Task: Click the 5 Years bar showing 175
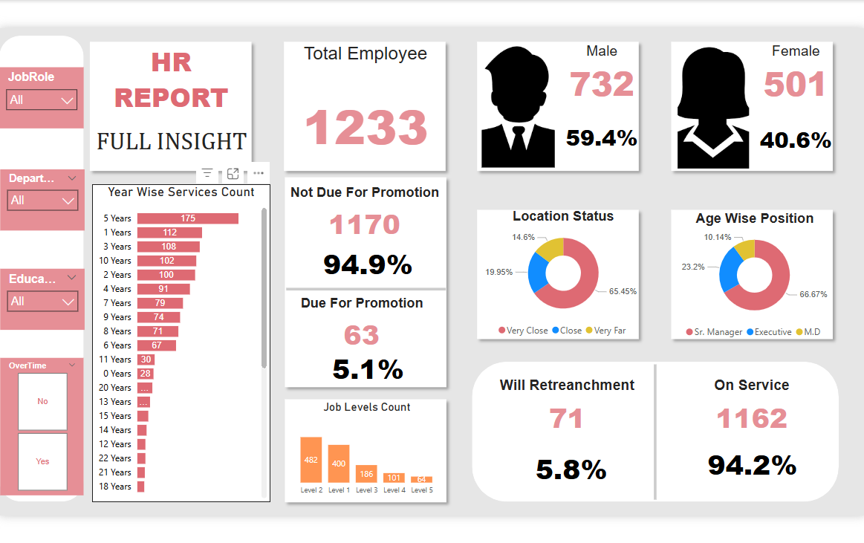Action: pos(187,218)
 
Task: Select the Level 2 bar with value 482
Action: pos(311,460)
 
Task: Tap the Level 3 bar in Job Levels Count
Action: pos(366,474)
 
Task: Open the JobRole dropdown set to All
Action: pos(42,100)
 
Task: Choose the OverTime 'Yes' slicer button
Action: pos(42,461)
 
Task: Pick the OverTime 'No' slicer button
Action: pos(42,401)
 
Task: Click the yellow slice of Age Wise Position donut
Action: pos(745,247)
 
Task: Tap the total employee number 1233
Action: pos(365,127)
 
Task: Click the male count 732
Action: pos(602,84)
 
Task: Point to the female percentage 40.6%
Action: pos(795,140)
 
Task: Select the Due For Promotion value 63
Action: pos(362,335)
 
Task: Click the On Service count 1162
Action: pos(752,419)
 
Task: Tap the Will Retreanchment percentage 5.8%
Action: pos(571,469)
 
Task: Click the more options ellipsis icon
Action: pos(259,173)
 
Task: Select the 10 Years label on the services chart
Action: pos(115,261)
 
